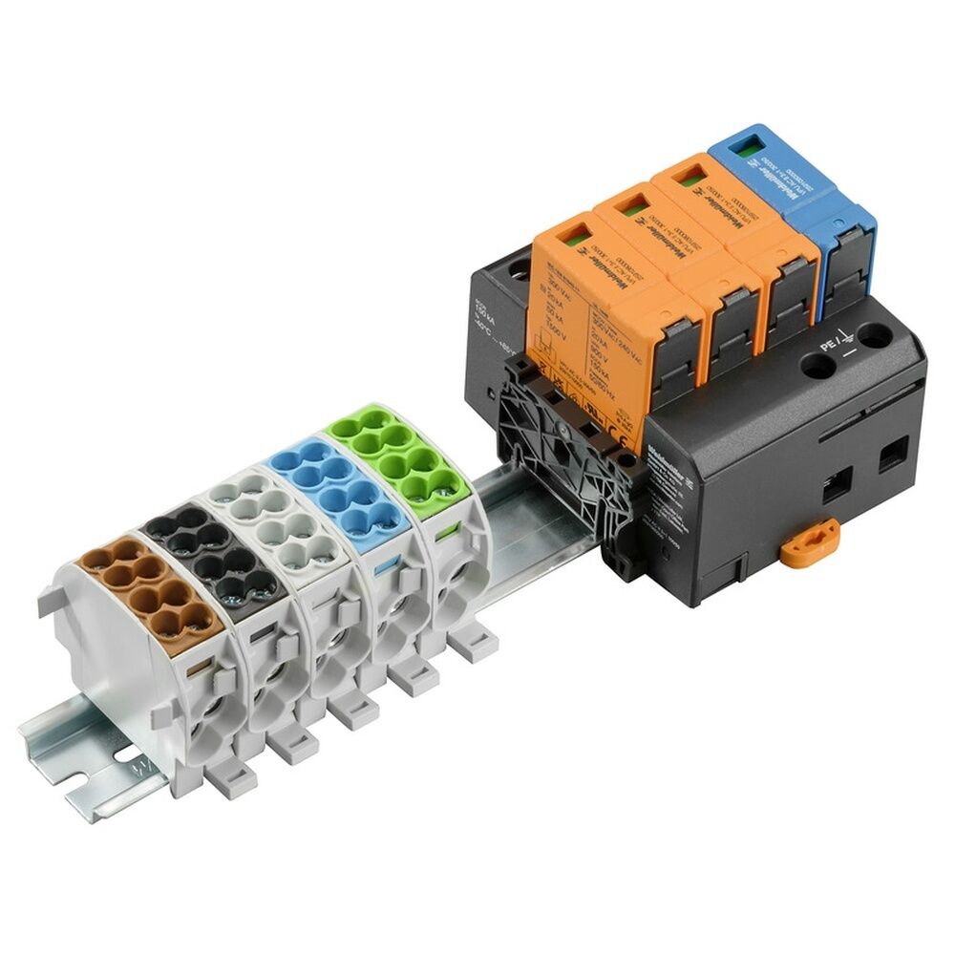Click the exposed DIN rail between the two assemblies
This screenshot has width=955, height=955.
tap(535, 501)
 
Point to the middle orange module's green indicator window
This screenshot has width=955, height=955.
tap(631, 203)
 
